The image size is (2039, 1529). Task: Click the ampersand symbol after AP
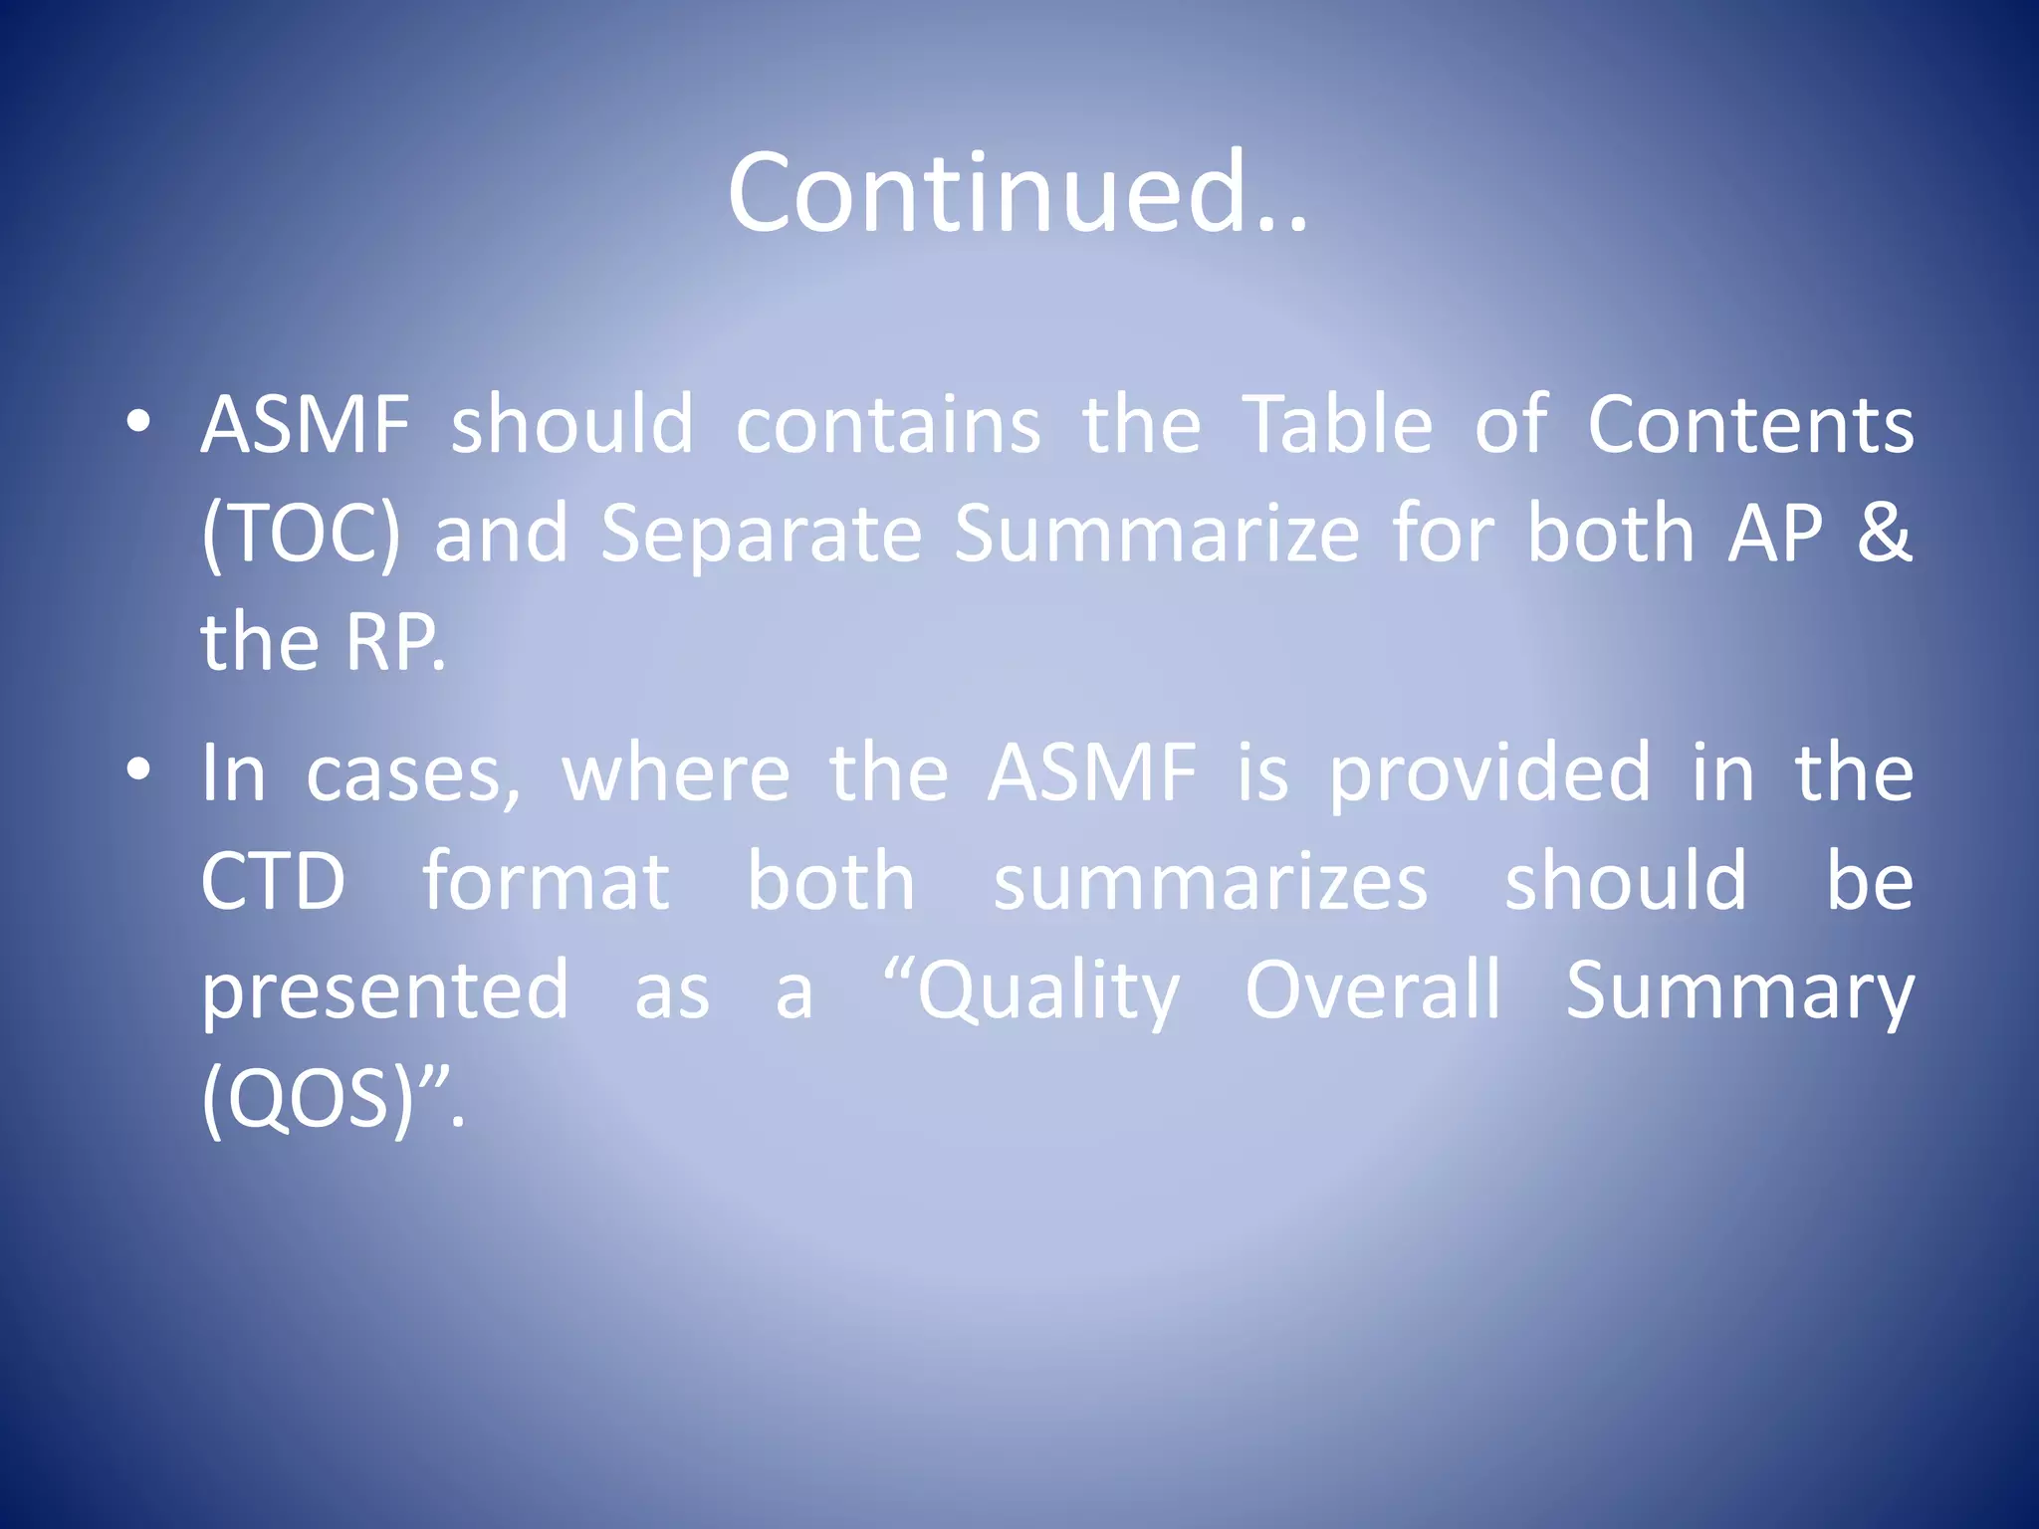[x=1884, y=534]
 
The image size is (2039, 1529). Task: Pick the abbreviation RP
[x=394, y=644]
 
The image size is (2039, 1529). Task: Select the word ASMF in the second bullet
[x=1092, y=773]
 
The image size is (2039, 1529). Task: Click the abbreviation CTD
[x=273, y=883]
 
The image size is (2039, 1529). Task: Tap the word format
[x=546, y=882]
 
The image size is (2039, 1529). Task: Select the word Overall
[x=1373, y=990]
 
